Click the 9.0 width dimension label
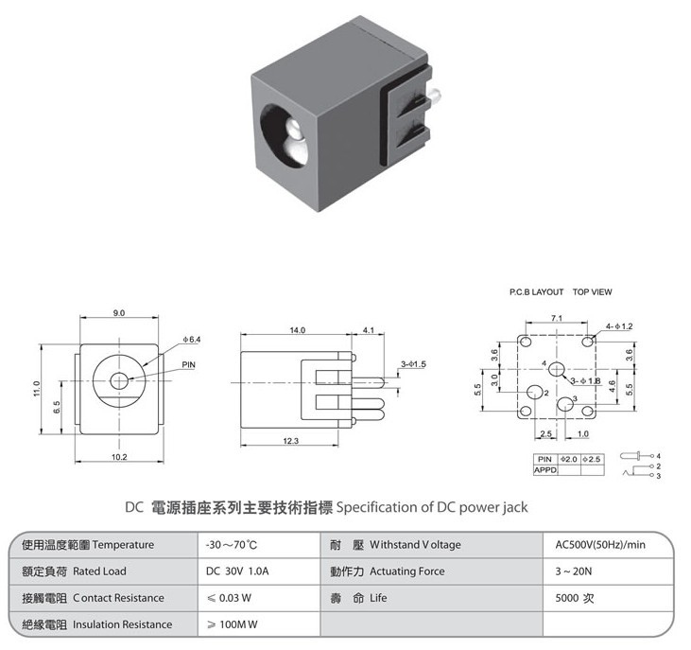119,312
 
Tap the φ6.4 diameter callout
192,339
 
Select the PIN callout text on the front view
189,364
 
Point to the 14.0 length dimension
298,330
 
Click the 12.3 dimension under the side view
291,441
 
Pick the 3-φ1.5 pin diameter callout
413,364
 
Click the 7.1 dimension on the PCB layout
557,318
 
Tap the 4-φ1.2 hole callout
619,326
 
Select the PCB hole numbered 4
558,369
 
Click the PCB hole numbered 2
535,391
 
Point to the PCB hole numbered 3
565,403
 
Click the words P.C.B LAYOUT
536,292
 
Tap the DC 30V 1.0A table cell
237,571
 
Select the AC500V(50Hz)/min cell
600,545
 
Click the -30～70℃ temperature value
232,545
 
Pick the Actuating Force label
407,571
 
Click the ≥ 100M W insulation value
233,624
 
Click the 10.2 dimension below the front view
119,457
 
